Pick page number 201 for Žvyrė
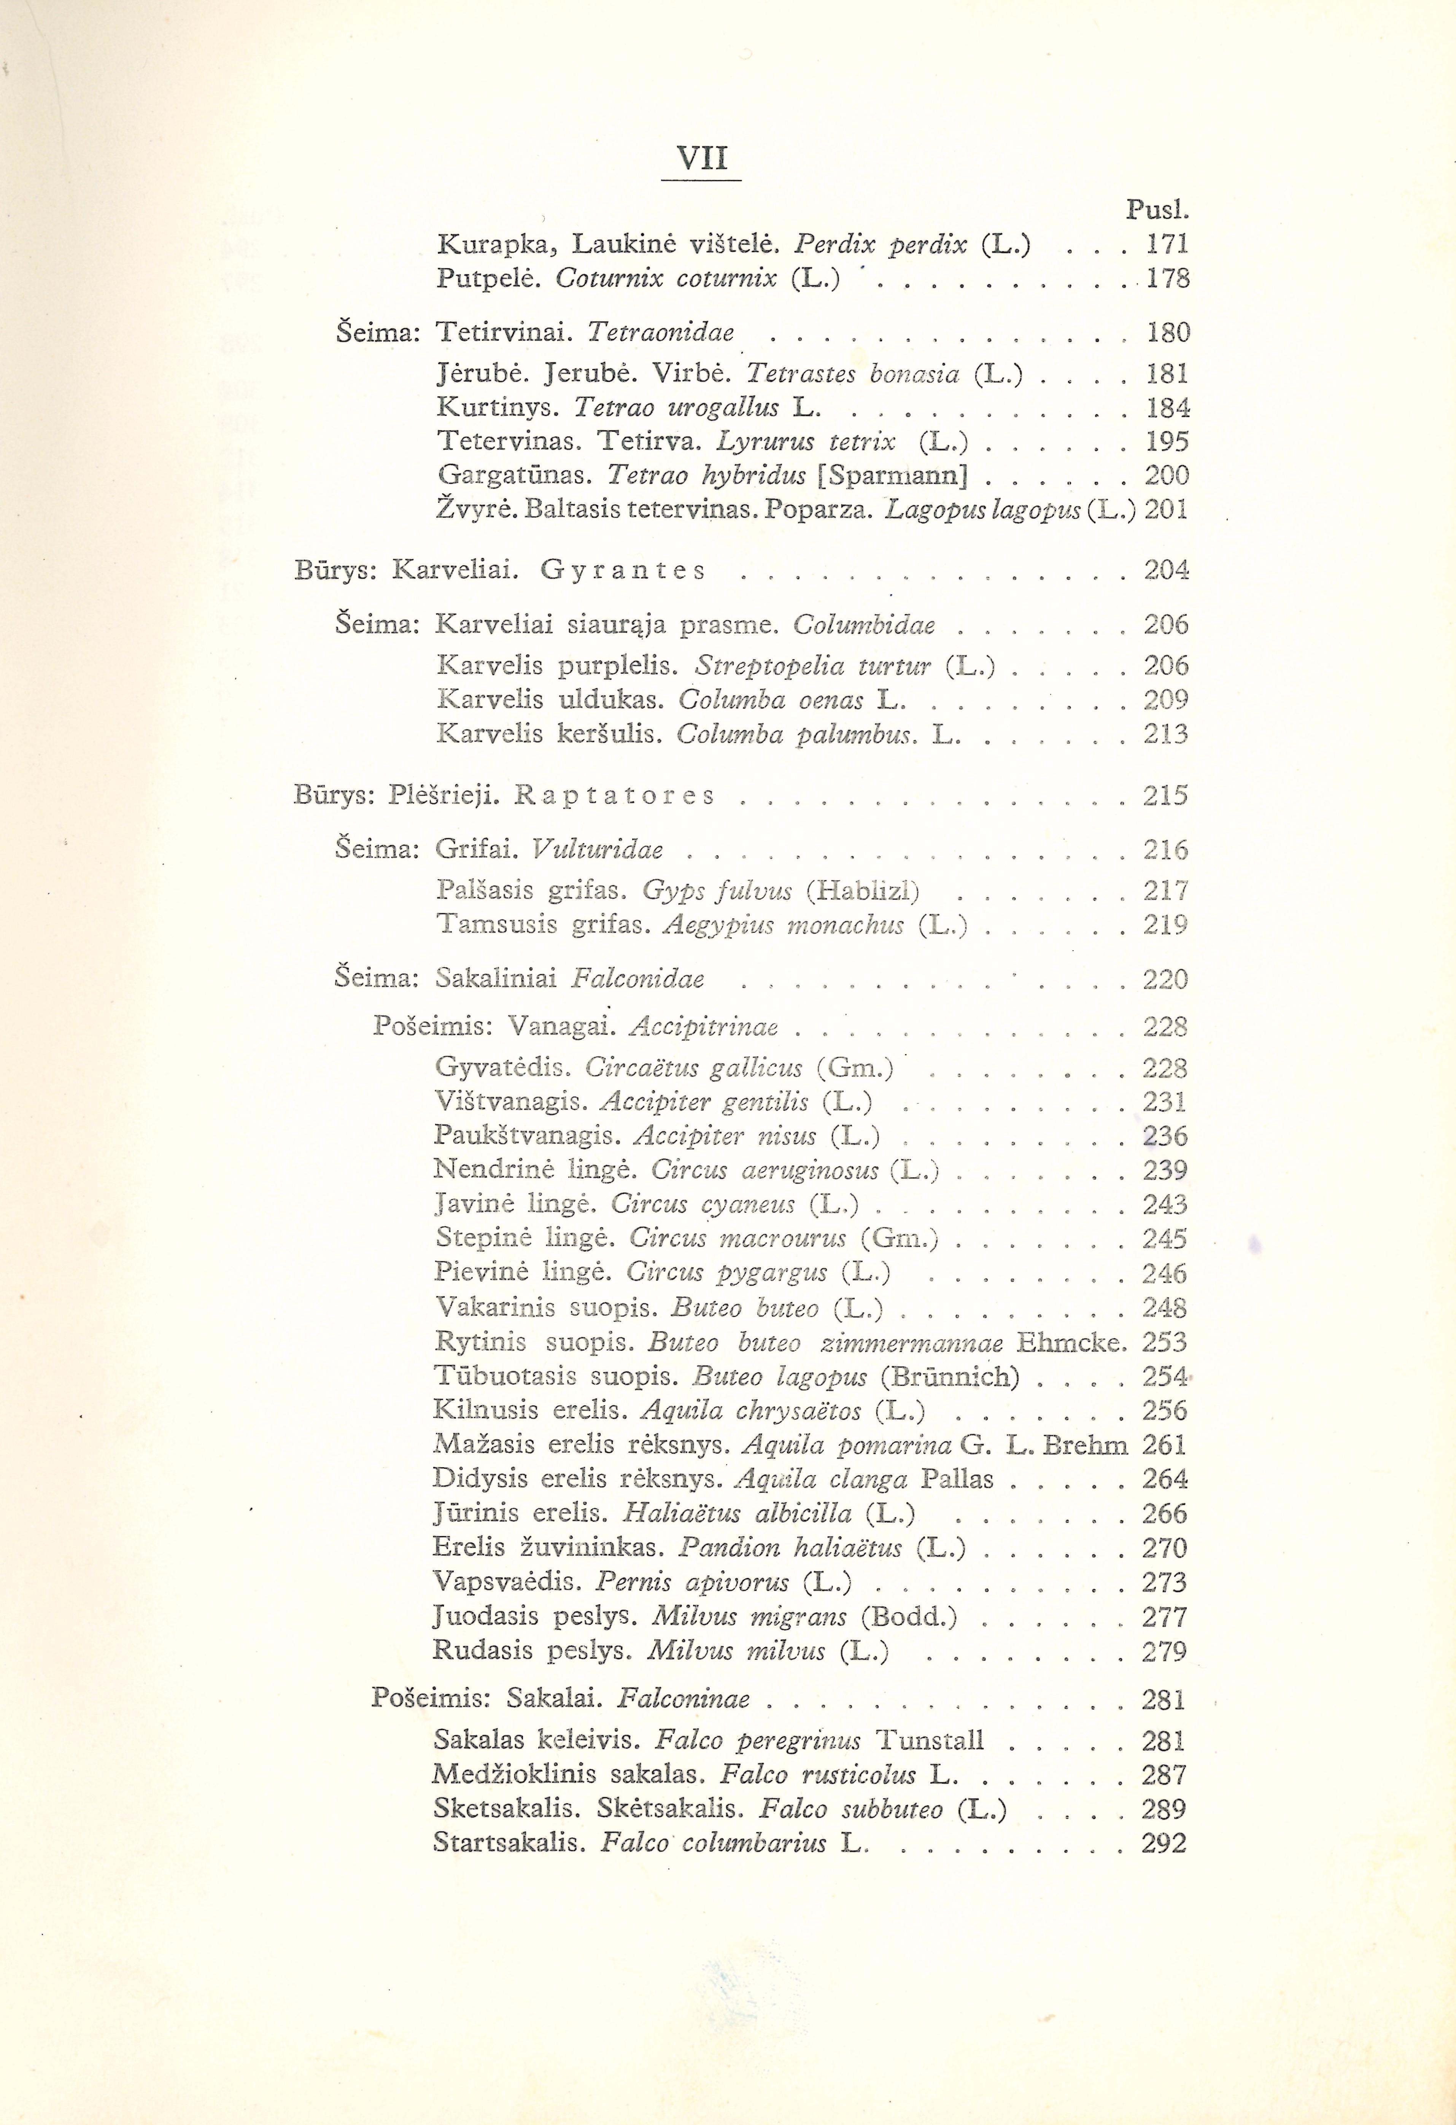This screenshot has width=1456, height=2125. (1166, 509)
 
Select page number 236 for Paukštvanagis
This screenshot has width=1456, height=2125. (1164, 1137)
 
